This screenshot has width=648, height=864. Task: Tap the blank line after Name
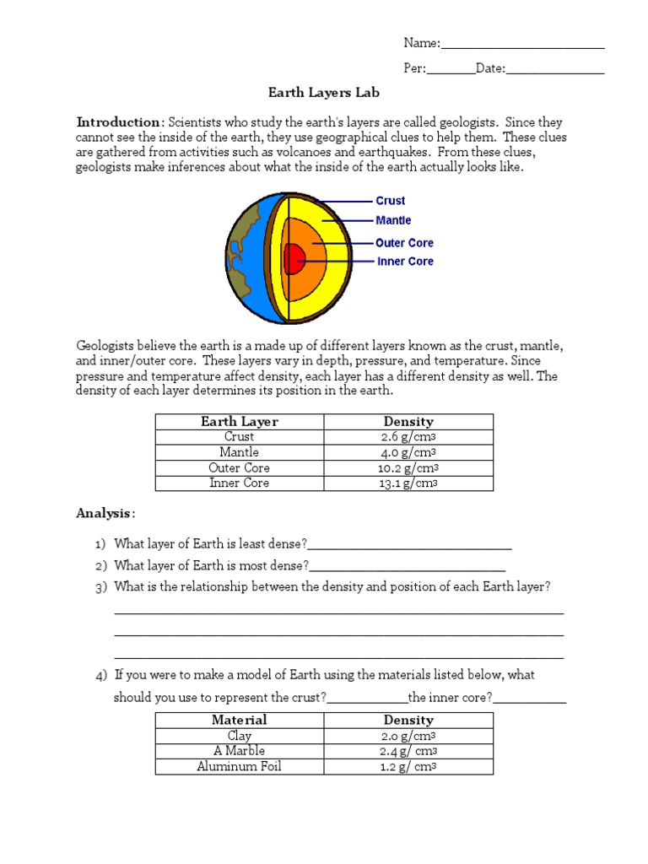tap(522, 45)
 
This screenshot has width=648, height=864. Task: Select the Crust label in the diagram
tap(390, 201)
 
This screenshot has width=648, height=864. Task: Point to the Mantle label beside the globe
tap(393, 220)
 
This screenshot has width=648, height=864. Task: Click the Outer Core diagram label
tap(404, 242)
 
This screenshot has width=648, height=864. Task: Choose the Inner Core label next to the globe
tap(405, 262)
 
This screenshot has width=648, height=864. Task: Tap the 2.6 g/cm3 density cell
tap(408, 437)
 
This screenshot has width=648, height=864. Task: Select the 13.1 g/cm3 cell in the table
tap(408, 483)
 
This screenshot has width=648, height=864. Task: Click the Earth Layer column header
tap(240, 421)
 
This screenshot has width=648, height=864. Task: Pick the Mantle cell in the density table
tap(240, 452)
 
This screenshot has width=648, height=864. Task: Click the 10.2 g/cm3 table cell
tap(408, 468)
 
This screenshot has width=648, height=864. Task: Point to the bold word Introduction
tap(117, 122)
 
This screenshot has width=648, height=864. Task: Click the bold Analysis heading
tap(104, 513)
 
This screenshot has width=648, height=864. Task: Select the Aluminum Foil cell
tap(240, 767)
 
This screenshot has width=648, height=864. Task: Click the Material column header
tap(240, 720)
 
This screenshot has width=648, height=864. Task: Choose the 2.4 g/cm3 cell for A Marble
tap(408, 751)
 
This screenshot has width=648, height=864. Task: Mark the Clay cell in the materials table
tap(240, 736)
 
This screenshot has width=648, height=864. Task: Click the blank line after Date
tap(554, 70)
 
